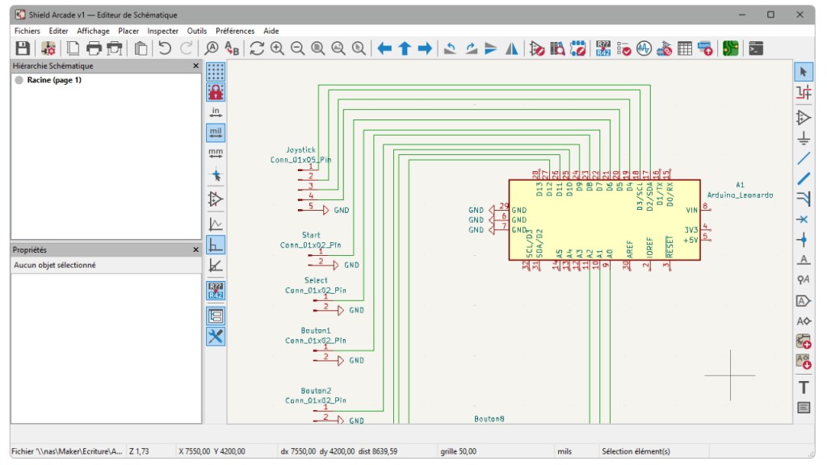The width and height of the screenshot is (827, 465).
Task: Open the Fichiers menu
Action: click(x=27, y=31)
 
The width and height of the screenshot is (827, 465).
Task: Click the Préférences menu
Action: click(x=235, y=31)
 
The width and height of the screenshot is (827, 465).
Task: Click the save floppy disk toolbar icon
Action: click(x=23, y=48)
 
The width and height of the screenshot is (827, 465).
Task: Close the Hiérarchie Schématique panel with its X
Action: click(x=195, y=65)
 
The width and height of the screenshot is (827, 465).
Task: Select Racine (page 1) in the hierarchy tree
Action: click(x=53, y=80)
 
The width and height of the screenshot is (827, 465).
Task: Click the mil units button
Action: click(x=216, y=132)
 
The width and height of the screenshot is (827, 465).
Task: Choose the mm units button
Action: click(x=216, y=153)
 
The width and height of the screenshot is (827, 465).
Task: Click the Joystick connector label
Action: click(x=300, y=150)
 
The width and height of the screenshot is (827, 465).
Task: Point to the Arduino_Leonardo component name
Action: click(x=740, y=195)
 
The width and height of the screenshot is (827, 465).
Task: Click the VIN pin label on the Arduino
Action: click(x=691, y=209)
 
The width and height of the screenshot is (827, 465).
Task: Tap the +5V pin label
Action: click(x=691, y=240)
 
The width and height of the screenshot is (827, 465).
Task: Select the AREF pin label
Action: click(x=630, y=247)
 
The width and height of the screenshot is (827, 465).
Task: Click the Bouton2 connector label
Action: click(x=316, y=390)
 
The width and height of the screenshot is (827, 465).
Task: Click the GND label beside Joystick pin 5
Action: click(x=342, y=210)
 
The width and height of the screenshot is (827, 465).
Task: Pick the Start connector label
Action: click(x=311, y=235)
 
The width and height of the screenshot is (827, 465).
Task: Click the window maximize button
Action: click(x=770, y=15)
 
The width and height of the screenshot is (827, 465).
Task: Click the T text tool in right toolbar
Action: click(x=804, y=387)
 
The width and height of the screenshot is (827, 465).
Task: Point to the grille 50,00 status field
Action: click(x=458, y=451)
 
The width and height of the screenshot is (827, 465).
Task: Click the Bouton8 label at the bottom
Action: click(x=489, y=418)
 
